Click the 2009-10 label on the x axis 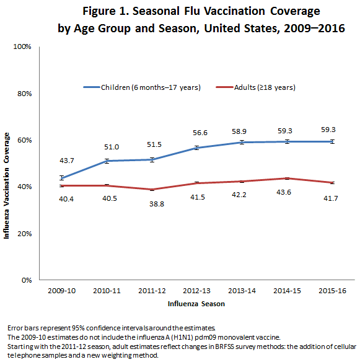pos(61,291)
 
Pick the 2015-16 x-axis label pos(331,291)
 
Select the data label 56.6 pos(196,132)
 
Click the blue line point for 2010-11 pos(106,161)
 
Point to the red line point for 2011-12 pos(151,189)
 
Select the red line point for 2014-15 pos(286,178)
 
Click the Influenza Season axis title pos(195,304)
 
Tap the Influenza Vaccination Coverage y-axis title pos(7,186)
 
